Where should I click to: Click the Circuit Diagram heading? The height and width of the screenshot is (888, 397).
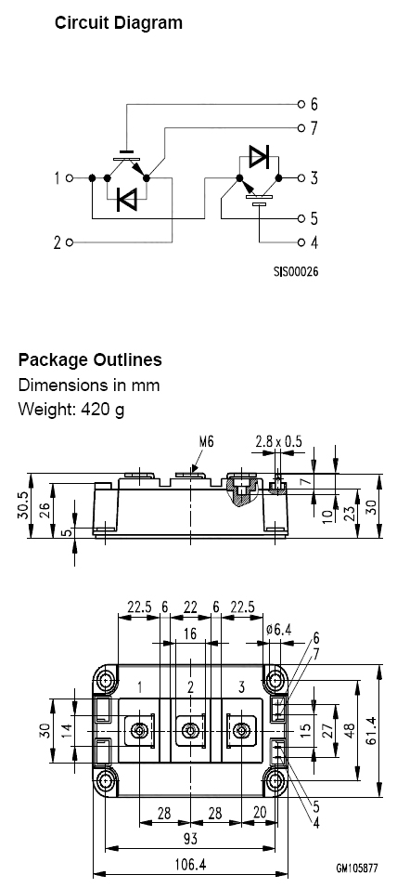coord(119,23)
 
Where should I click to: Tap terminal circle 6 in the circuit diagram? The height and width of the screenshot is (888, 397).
coord(301,104)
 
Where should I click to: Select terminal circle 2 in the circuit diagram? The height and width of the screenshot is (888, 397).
coord(70,242)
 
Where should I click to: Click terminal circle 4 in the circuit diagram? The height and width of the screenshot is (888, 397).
coord(301,242)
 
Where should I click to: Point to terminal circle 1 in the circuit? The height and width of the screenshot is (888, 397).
coord(70,177)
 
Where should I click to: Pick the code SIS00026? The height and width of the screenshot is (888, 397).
coord(296,272)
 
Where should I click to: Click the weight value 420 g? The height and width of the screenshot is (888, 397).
coord(102,409)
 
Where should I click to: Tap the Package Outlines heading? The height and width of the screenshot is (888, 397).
coord(90,359)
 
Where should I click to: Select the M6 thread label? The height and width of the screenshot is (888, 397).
coord(207,442)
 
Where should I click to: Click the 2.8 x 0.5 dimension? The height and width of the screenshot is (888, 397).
coord(278,442)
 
